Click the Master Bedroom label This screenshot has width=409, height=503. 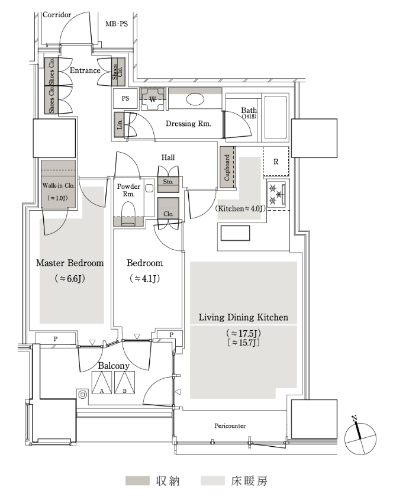(x=70, y=263)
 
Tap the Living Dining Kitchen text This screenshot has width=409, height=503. (x=243, y=317)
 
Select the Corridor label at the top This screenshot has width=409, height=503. (x=57, y=15)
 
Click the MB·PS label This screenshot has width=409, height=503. (x=117, y=24)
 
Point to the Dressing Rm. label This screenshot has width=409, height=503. (x=188, y=124)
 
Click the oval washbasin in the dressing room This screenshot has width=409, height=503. (x=195, y=99)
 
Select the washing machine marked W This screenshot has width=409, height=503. (x=153, y=99)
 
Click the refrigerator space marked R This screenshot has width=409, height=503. (x=276, y=162)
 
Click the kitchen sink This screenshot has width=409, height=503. (x=235, y=233)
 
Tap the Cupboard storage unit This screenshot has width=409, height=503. (x=227, y=167)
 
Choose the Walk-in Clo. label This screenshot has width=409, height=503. (x=59, y=186)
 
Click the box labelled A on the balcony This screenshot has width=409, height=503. (x=102, y=382)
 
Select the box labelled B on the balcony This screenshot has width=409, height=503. (x=124, y=382)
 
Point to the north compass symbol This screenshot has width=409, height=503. (x=360, y=438)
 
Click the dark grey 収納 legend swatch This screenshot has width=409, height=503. (x=137, y=481)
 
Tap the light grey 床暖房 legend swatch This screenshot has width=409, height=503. (x=212, y=481)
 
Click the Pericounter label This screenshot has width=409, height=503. (x=230, y=426)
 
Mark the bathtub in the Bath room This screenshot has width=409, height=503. (x=275, y=117)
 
